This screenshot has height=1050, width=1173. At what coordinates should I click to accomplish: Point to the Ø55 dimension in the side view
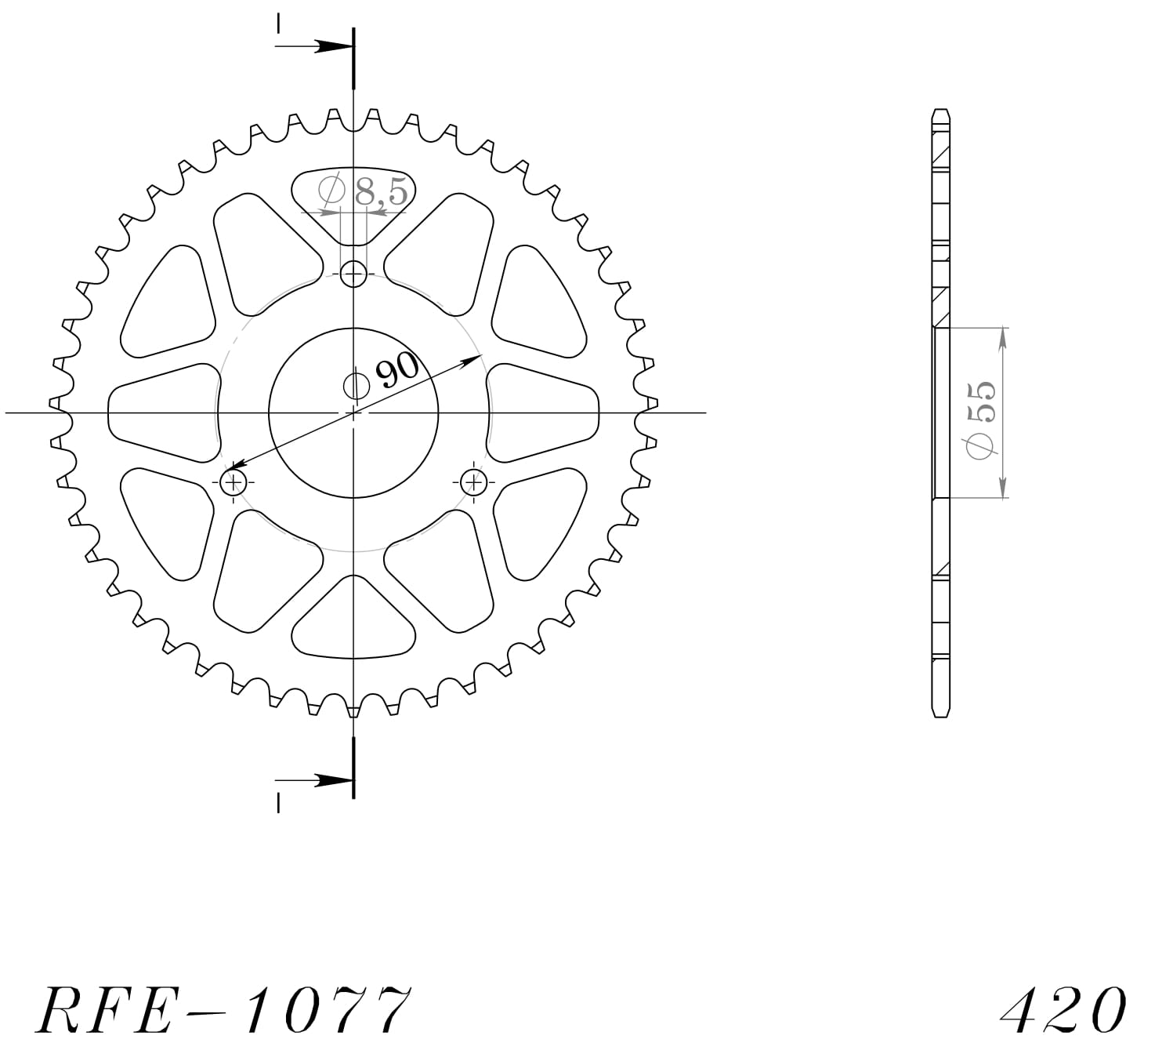(981, 420)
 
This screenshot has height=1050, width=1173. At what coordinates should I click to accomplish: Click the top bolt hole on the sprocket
(353, 274)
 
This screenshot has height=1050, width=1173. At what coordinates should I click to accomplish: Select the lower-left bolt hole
(234, 481)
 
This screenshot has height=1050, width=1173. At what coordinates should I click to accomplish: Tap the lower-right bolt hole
(473, 481)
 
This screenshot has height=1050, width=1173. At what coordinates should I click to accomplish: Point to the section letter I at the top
(278, 24)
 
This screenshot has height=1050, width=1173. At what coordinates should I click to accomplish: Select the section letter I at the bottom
(278, 802)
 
